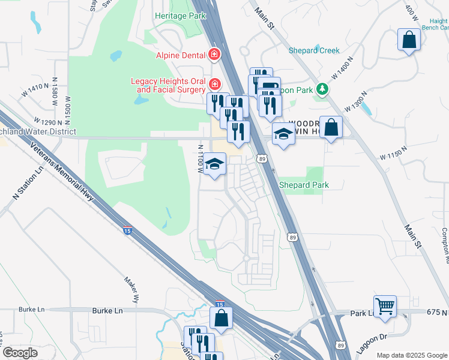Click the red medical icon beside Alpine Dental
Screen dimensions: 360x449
click(214, 56)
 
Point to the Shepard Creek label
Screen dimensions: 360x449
click(314, 50)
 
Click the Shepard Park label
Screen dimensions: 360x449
click(304, 185)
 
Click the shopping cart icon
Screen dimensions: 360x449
click(385, 306)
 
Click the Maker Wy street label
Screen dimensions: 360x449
click(132, 289)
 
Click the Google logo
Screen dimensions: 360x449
click(20, 353)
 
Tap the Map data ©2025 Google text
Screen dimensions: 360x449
click(412, 355)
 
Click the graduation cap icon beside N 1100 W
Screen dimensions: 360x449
click(214, 164)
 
